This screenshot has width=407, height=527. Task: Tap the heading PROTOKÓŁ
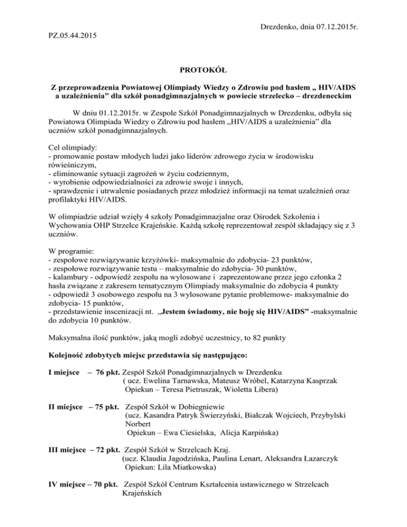coord(203,69)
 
